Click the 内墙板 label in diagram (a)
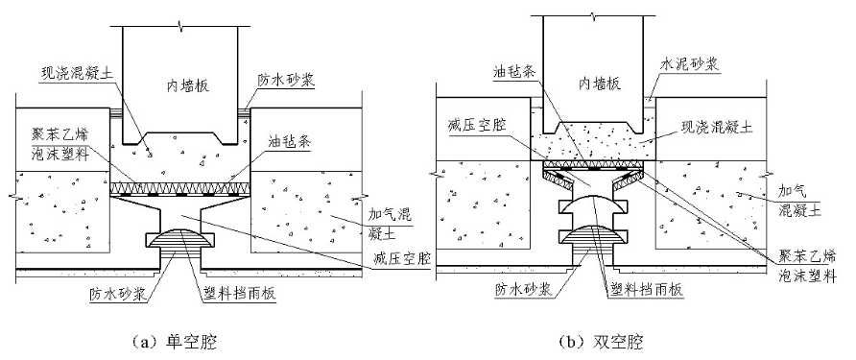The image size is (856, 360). pyautogui.click(x=183, y=86)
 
